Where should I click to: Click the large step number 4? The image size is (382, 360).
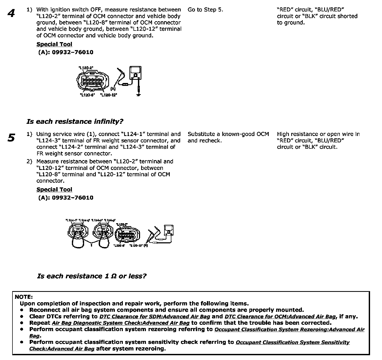pyautogui.click(x=11, y=13)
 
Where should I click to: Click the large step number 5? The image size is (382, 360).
pyautogui.click(x=11, y=138)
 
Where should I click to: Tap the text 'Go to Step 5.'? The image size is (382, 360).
pyautogui.click(x=205, y=10)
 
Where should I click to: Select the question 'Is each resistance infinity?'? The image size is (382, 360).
pyautogui.click(x=75, y=122)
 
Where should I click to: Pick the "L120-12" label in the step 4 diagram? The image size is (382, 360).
pyautogui.click(x=109, y=95)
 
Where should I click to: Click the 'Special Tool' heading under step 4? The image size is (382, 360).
pyautogui.click(x=54, y=44)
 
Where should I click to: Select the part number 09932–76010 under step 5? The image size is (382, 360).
pyautogui.click(x=72, y=197)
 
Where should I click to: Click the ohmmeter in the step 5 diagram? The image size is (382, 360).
pyautogui.click(x=169, y=230)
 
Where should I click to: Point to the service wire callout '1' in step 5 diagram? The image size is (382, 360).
pyautogui.click(x=91, y=245)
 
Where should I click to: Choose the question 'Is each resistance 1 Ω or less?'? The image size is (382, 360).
pyautogui.click(x=92, y=276)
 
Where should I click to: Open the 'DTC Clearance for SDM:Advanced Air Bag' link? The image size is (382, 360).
pyautogui.click(x=155, y=317)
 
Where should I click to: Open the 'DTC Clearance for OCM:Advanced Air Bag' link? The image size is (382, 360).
pyautogui.click(x=280, y=317)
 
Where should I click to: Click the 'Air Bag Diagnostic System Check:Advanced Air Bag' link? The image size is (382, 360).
pyautogui.click(x=121, y=323)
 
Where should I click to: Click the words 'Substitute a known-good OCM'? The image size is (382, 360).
pyautogui.click(x=228, y=134)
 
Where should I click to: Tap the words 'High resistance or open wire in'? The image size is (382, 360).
pyautogui.click(x=318, y=134)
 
